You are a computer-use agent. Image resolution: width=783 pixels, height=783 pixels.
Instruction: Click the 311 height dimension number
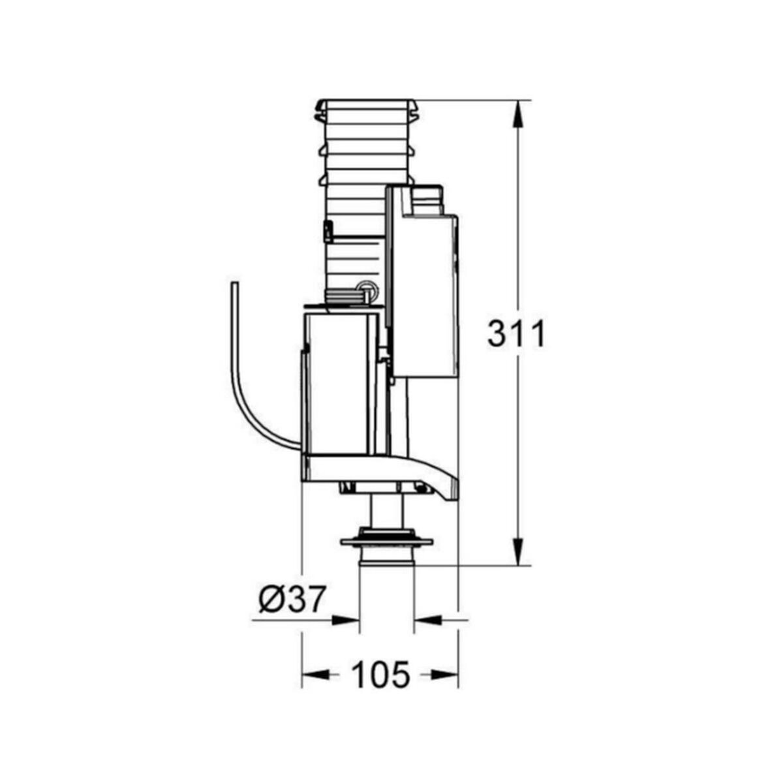click(515, 335)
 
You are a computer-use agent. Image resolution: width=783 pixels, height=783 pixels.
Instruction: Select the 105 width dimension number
click(381, 674)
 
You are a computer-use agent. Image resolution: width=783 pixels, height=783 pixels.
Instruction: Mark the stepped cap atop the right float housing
click(427, 200)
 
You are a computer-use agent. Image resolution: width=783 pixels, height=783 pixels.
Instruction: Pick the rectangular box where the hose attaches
click(339, 385)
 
